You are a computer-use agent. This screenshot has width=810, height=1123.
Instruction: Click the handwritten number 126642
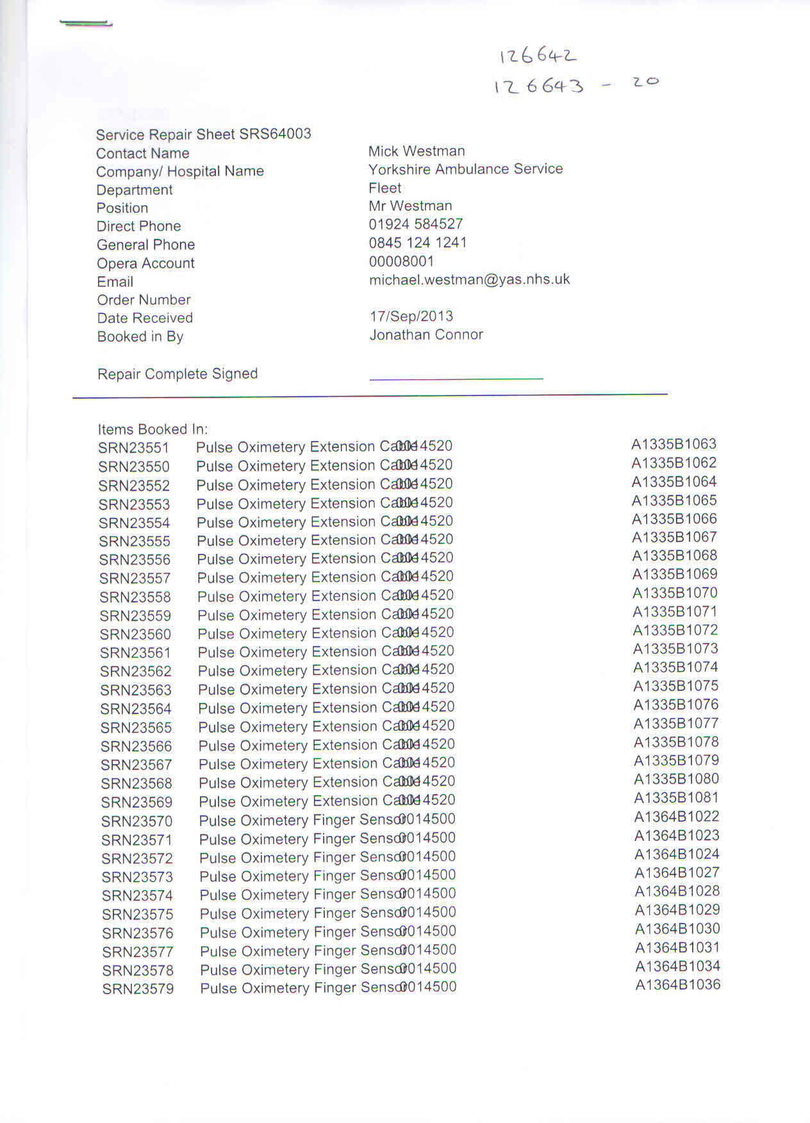click(538, 56)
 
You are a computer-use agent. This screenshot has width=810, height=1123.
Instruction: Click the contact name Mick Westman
click(417, 151)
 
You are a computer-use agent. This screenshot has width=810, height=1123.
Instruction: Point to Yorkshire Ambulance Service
click(465, 169)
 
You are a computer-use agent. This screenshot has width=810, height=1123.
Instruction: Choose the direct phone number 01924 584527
click(415, 224)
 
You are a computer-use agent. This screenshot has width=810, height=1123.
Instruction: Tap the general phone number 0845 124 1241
click(418, 243)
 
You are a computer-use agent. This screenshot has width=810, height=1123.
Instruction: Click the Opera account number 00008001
click(401, 262)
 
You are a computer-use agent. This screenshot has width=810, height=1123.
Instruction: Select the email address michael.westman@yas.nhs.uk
click(469, 279)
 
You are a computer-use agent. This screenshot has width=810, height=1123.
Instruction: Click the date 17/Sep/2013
click(411, 317)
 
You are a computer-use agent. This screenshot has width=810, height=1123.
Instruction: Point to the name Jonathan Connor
click(426, 335)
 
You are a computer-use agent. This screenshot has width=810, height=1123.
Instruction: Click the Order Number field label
click(144, 300)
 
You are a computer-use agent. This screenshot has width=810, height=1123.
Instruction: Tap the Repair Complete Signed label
click(178, 374)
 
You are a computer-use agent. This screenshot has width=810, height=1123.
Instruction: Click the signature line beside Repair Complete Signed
click(456, 379)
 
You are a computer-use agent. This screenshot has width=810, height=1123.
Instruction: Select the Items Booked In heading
click(153, 429)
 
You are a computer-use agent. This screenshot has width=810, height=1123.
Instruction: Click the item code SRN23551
click(134, 448)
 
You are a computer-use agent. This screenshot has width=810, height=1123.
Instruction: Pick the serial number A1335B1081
click(676, 798)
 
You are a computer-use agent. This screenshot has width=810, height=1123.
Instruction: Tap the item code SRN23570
click(136, 821)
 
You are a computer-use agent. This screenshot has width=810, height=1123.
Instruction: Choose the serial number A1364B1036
click(677, 985)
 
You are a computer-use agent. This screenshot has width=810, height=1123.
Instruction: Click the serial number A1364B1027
click(677, 873)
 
